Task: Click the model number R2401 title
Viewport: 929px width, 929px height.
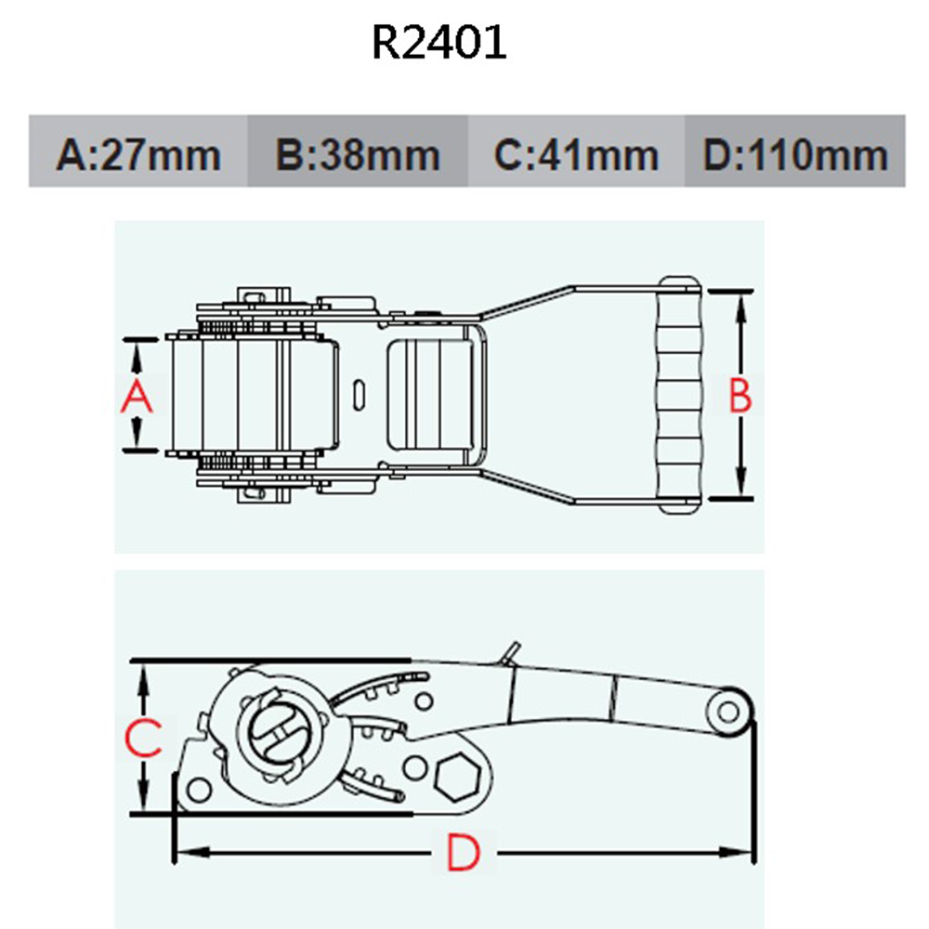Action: (439, 42)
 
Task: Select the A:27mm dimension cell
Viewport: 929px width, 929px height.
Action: (138, 152)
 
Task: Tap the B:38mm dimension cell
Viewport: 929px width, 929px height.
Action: (358, 152)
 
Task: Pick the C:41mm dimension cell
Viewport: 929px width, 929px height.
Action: (576, 152)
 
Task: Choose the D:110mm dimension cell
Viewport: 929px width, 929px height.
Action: (795, 152)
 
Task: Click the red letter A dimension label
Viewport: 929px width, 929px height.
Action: (137, 397)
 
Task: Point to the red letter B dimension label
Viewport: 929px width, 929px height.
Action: (739, 397)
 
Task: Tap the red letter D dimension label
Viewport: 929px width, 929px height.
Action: (462, 853)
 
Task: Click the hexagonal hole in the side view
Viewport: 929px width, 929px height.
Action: (457, 774)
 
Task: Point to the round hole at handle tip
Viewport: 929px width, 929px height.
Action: (728, 712)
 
